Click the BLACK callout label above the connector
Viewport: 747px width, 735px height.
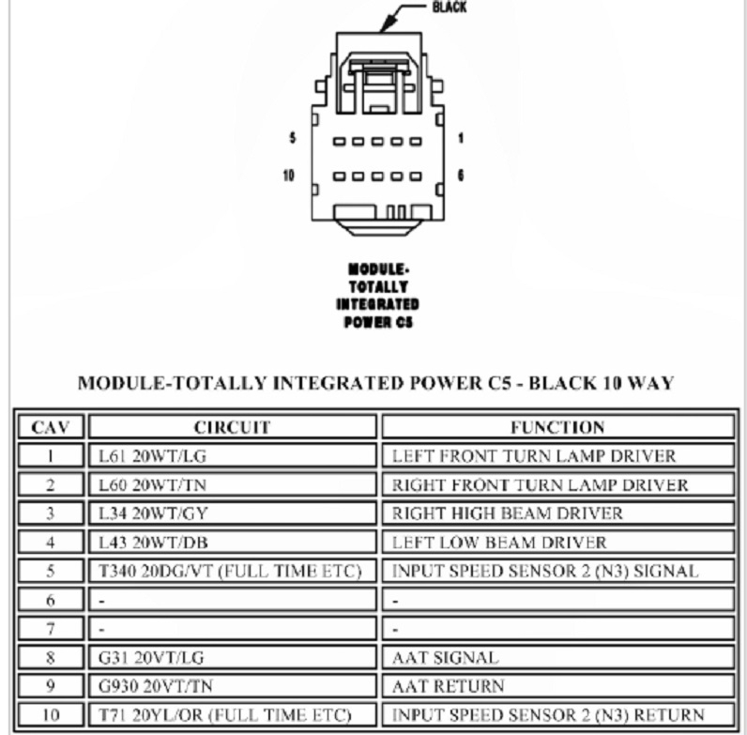pyautogui.click(x=449, y=8)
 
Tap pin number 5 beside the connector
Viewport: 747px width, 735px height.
pyautogui.click(x=292, y=138)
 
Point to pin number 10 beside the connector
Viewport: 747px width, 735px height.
pyautogui.click(x=290, y=176)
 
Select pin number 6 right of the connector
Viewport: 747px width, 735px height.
pyautogui.click(x=461, y=176)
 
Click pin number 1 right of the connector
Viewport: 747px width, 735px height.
pyautogui.click(x=461, y=138)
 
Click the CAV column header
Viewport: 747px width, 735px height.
pyautogui.click(x=51, y=427)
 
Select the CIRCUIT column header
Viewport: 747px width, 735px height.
pyautogui.click(x=232, y=427)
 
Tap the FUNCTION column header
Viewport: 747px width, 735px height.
pyautogui.click(x=557, y=427)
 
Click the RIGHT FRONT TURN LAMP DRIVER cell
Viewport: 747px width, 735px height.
pyautogui.click(x=540, y=485)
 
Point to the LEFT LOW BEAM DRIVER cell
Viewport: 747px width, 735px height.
pyautogui.click(x=499, y=543)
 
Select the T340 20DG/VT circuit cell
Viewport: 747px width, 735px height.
pyautogui.click(x=236, y=571)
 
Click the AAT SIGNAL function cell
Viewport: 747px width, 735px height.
pyautogui.click(x=446, y=658)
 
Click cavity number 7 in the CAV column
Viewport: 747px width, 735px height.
pyautogui.click(x=51, y=629)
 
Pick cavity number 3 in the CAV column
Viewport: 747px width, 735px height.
pyautogui.click(x=51, y=513)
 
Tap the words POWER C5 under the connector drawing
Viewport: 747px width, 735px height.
pyautogui.click(x=376, y=322)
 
